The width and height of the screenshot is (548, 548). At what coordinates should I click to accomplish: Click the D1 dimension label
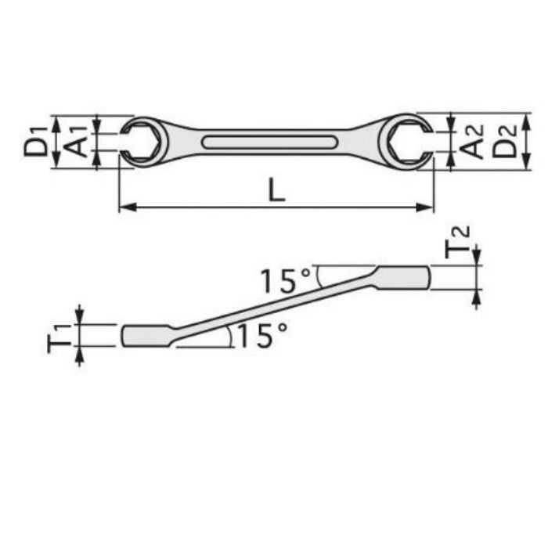(35, 142)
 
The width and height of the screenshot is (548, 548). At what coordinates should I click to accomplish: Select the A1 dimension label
(76, 142)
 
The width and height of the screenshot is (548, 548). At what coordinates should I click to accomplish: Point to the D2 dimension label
(504, 141)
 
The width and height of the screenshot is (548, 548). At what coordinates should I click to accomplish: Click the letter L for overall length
(276, 190)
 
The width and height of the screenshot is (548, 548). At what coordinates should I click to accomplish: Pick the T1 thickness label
(59, 338)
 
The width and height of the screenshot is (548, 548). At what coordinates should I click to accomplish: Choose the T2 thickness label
(457, 242)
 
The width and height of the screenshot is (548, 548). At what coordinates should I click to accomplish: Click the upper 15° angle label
(285, 280)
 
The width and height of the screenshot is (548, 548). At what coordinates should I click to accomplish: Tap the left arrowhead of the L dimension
(127, 207)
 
